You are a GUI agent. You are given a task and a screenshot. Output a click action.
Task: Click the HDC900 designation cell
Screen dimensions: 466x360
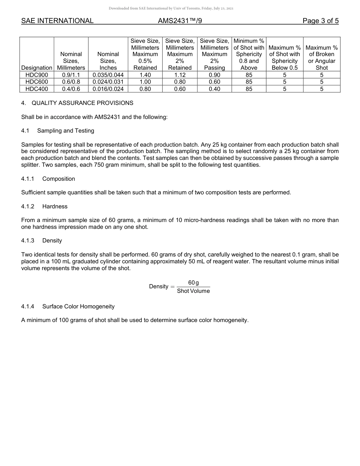[37, 75]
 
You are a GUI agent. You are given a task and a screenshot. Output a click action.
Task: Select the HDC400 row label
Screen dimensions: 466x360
[37, 89]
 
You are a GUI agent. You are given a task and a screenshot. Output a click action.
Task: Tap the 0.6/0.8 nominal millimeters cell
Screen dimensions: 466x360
[71, 82]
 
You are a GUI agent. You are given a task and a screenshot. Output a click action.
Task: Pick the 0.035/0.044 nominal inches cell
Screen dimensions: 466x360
[108, 75]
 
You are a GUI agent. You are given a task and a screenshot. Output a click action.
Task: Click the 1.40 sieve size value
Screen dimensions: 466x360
[145, 75]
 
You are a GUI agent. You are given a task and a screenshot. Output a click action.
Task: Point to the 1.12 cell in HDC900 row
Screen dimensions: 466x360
[180, 75]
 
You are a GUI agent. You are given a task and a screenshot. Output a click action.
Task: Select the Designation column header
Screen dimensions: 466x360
[37, 68]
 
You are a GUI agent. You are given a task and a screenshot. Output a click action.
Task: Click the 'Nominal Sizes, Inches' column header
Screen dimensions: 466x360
[108, 61]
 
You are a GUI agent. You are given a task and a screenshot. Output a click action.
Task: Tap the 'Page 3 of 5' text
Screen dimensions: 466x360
[321, 21]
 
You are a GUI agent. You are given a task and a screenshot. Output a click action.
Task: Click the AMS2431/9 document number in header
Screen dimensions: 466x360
[180, 21]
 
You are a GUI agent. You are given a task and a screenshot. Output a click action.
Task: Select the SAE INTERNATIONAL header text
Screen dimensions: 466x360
[57, 21]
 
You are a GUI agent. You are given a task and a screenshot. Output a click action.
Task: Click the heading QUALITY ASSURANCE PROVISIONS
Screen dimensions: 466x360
[82, 103]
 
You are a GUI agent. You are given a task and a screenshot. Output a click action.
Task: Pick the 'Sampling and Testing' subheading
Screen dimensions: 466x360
[66, 131]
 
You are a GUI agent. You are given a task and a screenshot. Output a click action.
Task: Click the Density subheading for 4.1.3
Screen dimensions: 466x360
[52, 241]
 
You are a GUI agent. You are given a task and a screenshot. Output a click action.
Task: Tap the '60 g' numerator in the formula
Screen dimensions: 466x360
[193, 283]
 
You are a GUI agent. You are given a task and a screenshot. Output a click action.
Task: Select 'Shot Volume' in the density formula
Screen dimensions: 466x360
[193, 291]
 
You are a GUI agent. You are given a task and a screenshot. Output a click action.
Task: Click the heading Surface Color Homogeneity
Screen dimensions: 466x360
[78, 306]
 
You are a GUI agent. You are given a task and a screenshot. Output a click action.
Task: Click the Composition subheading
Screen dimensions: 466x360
[58, 179]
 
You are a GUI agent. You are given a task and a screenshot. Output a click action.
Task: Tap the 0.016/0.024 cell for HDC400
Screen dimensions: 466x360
[108, 89]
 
